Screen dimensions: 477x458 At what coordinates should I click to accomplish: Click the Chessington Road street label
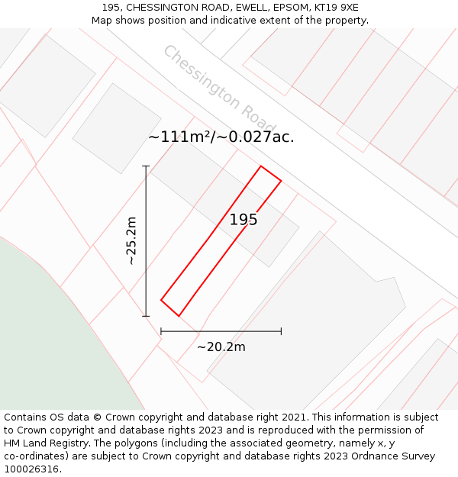coord(219,90)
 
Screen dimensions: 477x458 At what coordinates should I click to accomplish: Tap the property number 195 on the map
coord(244,220)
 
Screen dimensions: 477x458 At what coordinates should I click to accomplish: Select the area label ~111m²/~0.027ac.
coord(221,137)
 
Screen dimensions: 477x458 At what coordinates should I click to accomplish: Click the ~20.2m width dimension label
coord(221,347)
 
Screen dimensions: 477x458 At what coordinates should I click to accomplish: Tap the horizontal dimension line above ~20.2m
coord(221,331)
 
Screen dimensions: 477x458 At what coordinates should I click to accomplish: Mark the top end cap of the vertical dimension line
coord(146,166)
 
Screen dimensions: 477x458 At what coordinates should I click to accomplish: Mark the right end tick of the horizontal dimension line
coord(281,331)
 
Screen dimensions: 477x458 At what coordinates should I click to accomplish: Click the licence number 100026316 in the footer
coord(32,469)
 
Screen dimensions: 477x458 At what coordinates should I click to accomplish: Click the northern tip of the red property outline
coord(261,166)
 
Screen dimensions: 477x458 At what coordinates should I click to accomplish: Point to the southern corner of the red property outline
coord(179,315)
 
